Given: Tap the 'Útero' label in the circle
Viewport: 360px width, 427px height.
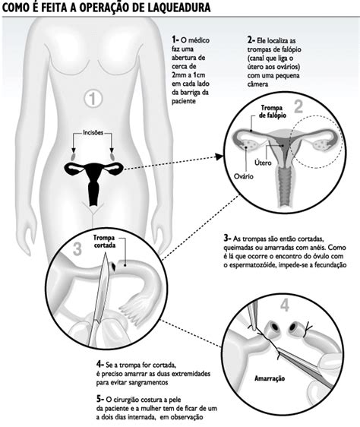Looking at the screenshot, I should [264, 163].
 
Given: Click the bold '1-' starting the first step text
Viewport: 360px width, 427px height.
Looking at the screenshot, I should [176, 37].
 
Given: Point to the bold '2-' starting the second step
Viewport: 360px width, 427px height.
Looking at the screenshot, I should [251, 37].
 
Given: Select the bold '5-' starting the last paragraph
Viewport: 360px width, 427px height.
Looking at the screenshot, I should [102, 397].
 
